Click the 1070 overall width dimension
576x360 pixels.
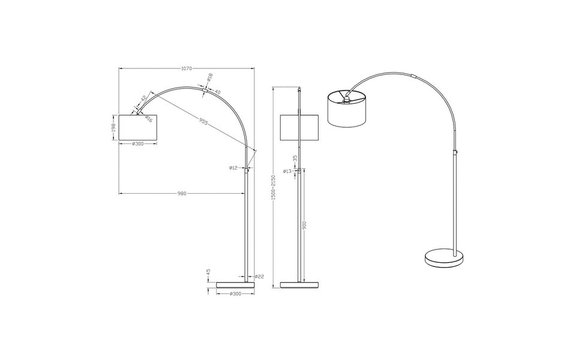[x=187, y=68]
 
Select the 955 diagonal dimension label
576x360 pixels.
[x=203, y=122]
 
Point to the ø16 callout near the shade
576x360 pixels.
[x=148, y=119]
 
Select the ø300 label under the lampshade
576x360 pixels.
[x=138, y=144]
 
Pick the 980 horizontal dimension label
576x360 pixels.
[x=182, y=193]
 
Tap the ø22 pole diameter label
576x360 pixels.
[x=259, y=277]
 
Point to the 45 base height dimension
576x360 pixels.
[x=208, y=273]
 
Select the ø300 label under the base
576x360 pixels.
[x=236, y=293]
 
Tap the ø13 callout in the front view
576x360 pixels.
[x=287, y=172]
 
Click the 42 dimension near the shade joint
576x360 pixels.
[x=144, y=98]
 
